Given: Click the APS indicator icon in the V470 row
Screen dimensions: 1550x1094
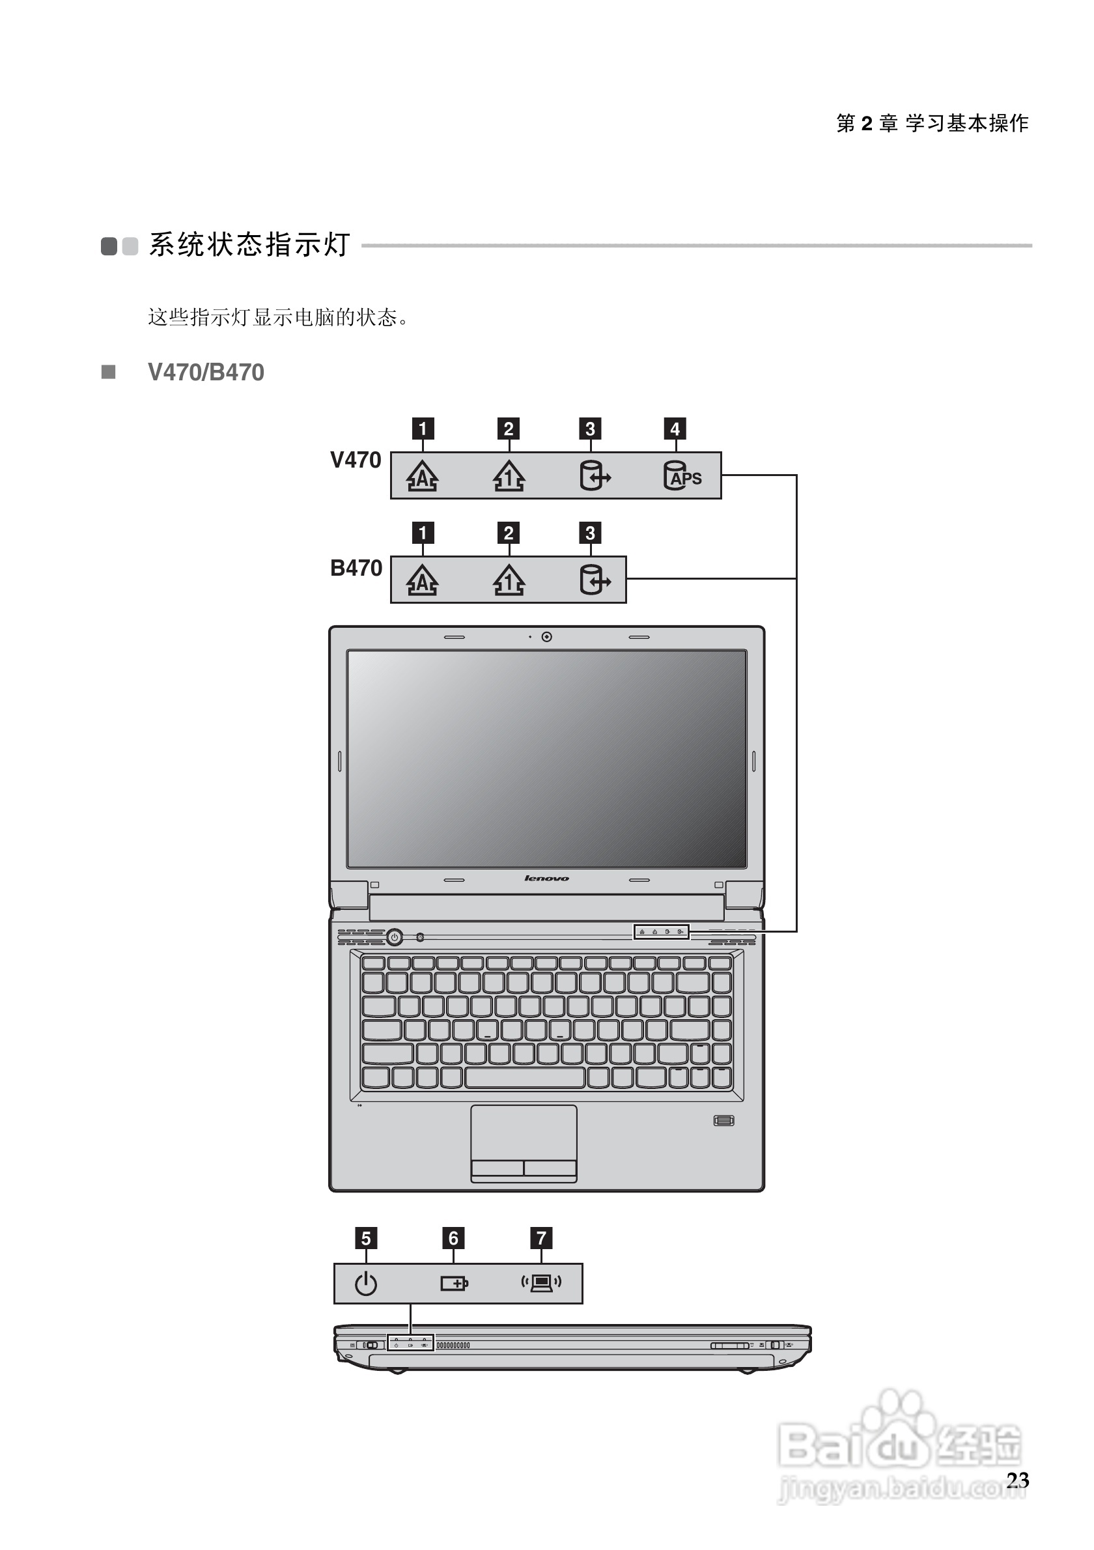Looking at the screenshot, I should (682, 476).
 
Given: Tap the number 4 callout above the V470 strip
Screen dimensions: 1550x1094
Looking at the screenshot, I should (675, 429).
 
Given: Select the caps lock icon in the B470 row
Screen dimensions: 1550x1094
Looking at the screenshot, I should (423, 580).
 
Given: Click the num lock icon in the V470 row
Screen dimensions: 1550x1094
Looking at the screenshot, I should (509, 476).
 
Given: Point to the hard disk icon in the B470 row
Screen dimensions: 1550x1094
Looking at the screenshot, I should (595, 580).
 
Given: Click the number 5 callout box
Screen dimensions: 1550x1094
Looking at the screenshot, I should (366, 1238).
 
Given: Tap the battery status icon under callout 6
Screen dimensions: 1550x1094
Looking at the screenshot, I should (454, 1283).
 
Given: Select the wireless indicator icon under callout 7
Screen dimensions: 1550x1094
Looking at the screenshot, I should (541, 1282).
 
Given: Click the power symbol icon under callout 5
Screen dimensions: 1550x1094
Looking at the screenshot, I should (366, 1283).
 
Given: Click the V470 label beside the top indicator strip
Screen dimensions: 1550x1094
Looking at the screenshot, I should (356, 460).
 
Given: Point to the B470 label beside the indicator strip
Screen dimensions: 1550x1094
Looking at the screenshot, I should (356, 569).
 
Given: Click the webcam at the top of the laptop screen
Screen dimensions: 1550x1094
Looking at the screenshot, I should (546, 637).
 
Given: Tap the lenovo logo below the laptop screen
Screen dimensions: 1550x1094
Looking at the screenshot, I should (546, 879).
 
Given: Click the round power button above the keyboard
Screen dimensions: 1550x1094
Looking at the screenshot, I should (395, 937).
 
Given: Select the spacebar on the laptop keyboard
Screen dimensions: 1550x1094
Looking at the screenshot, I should (524, 1077).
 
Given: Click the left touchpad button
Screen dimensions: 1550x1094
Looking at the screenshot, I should (498, 1167).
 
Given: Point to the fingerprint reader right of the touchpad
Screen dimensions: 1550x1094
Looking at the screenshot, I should (723, 1121).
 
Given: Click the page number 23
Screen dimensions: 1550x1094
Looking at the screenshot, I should (1017, 1480).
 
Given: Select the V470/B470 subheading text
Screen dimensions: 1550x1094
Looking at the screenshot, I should (206, 373).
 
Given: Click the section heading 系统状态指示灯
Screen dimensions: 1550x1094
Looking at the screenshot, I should (249, 245).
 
